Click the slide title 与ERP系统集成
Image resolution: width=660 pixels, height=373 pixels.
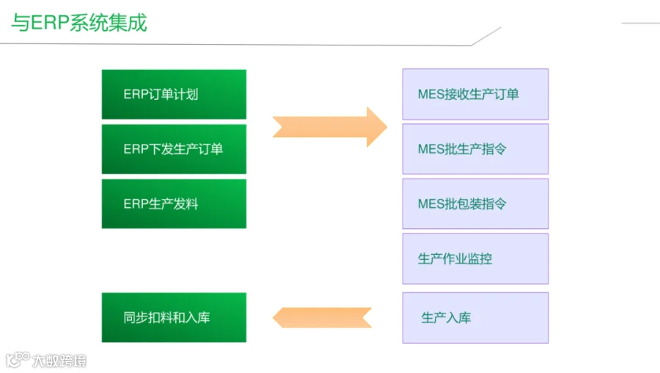point(78,22)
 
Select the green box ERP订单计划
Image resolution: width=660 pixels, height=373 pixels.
point(174,95)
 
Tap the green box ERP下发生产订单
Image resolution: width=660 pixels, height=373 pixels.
point(174,149)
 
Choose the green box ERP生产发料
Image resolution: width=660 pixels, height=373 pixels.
point(174,204)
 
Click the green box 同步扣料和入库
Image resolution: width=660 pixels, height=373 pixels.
point(174,317)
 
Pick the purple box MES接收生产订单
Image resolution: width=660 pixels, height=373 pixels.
point(475,95)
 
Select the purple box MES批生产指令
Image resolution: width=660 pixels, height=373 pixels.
point(475,149)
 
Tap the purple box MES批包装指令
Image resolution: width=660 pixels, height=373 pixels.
point(475,204)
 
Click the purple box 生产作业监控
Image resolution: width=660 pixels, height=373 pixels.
point(475,258)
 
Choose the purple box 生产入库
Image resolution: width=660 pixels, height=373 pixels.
point(475,318)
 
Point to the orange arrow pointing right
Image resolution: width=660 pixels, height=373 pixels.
point(330,127)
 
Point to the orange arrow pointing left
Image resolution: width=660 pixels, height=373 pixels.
point(322,317)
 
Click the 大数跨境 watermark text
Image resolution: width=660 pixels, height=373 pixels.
point(59,361)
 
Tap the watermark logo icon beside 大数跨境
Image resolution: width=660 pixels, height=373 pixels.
point(18,360)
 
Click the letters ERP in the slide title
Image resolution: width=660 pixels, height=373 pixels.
point(50,22)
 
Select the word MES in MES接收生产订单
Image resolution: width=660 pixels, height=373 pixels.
point(430,95)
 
